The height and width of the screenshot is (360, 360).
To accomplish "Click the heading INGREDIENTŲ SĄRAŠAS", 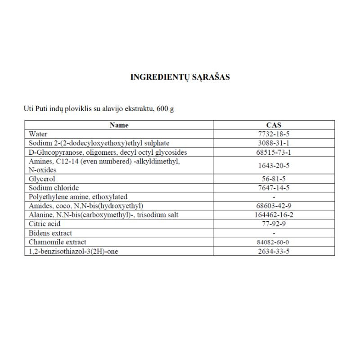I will tap(180, 77).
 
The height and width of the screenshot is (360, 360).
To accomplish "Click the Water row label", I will tap(38, 134).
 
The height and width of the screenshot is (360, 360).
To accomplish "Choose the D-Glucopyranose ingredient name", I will tap(108, 152).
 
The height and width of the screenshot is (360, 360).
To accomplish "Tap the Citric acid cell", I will tap(44, 224).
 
